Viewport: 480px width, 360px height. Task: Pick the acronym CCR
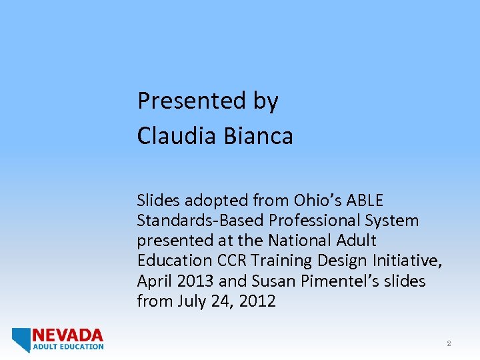tap(233, 261)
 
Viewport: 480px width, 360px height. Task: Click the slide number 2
tap(449, 344)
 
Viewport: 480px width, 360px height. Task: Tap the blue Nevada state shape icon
tap(21, 339)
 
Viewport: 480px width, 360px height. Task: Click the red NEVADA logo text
tap(68, 335)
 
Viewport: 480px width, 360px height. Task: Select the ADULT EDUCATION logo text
tap(68, 347)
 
